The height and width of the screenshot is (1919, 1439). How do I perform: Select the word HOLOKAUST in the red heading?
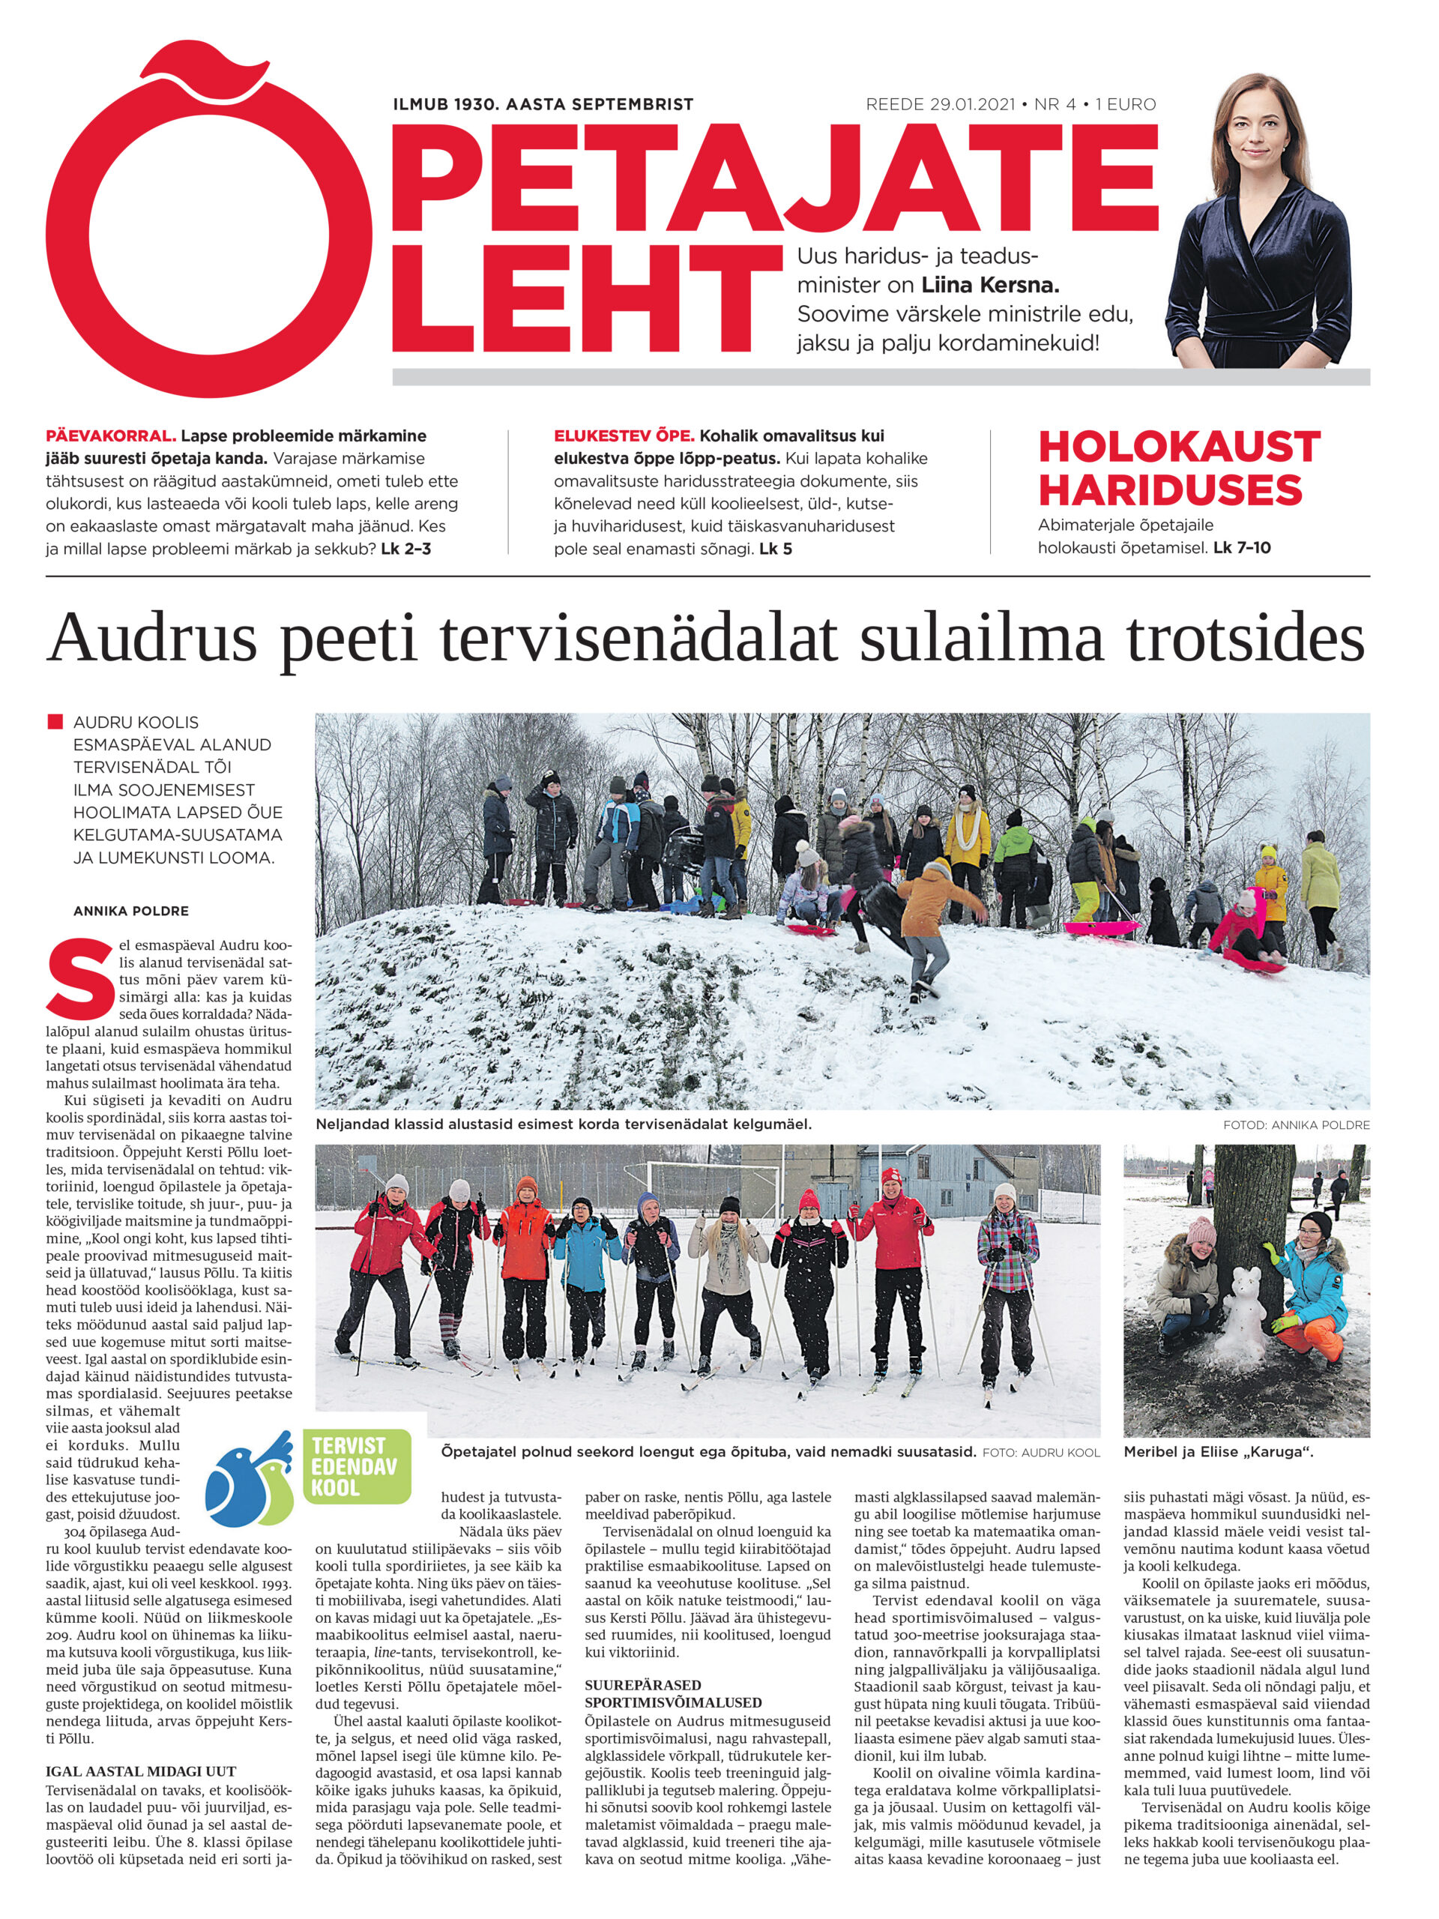point(1179,448)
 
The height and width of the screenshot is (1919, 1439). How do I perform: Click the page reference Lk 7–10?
point(1242,548)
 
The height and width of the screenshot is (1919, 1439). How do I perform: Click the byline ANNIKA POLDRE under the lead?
point(131,912)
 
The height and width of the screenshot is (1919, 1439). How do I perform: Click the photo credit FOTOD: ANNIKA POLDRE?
point(1296,1125)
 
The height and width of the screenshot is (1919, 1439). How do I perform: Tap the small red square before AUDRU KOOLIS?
point(57,722)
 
